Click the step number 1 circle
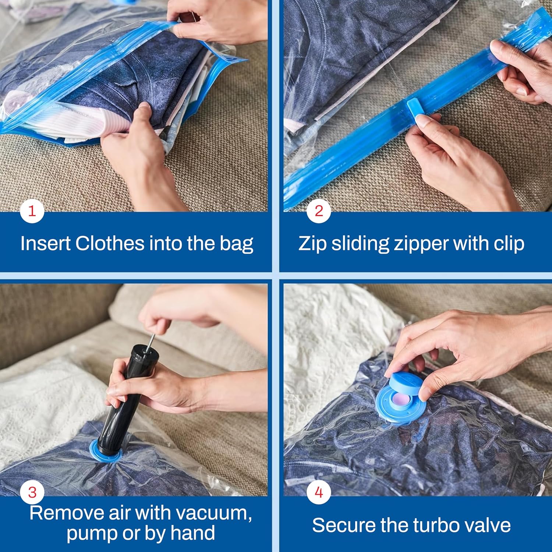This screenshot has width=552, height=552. click(32, 211)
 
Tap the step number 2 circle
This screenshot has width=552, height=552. click(319, 211)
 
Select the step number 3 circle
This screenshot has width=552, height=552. click(32, 492)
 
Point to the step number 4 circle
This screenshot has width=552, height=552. click(319, 492)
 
